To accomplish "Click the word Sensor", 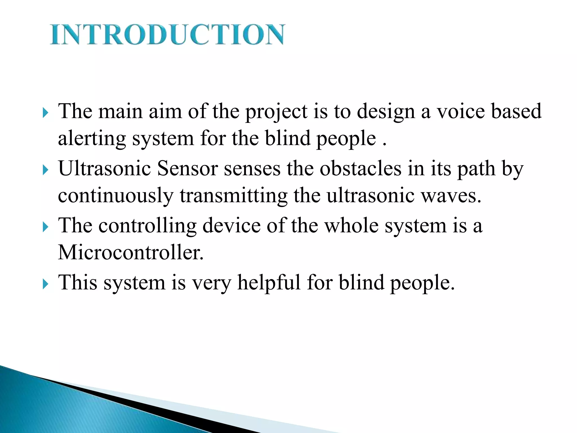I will (x=187, y=168).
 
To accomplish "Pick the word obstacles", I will (x=360, y=168).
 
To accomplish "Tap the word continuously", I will (x=116, y=196).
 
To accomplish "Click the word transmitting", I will (x=234, y=196).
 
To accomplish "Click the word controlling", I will (x=147, y=226).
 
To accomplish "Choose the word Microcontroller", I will (x=130, y=252).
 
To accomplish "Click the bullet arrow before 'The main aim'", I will (x=45, y=113).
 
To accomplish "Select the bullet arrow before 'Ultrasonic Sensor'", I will (x=45, y=170).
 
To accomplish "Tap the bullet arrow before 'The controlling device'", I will (x=45, y=227).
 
